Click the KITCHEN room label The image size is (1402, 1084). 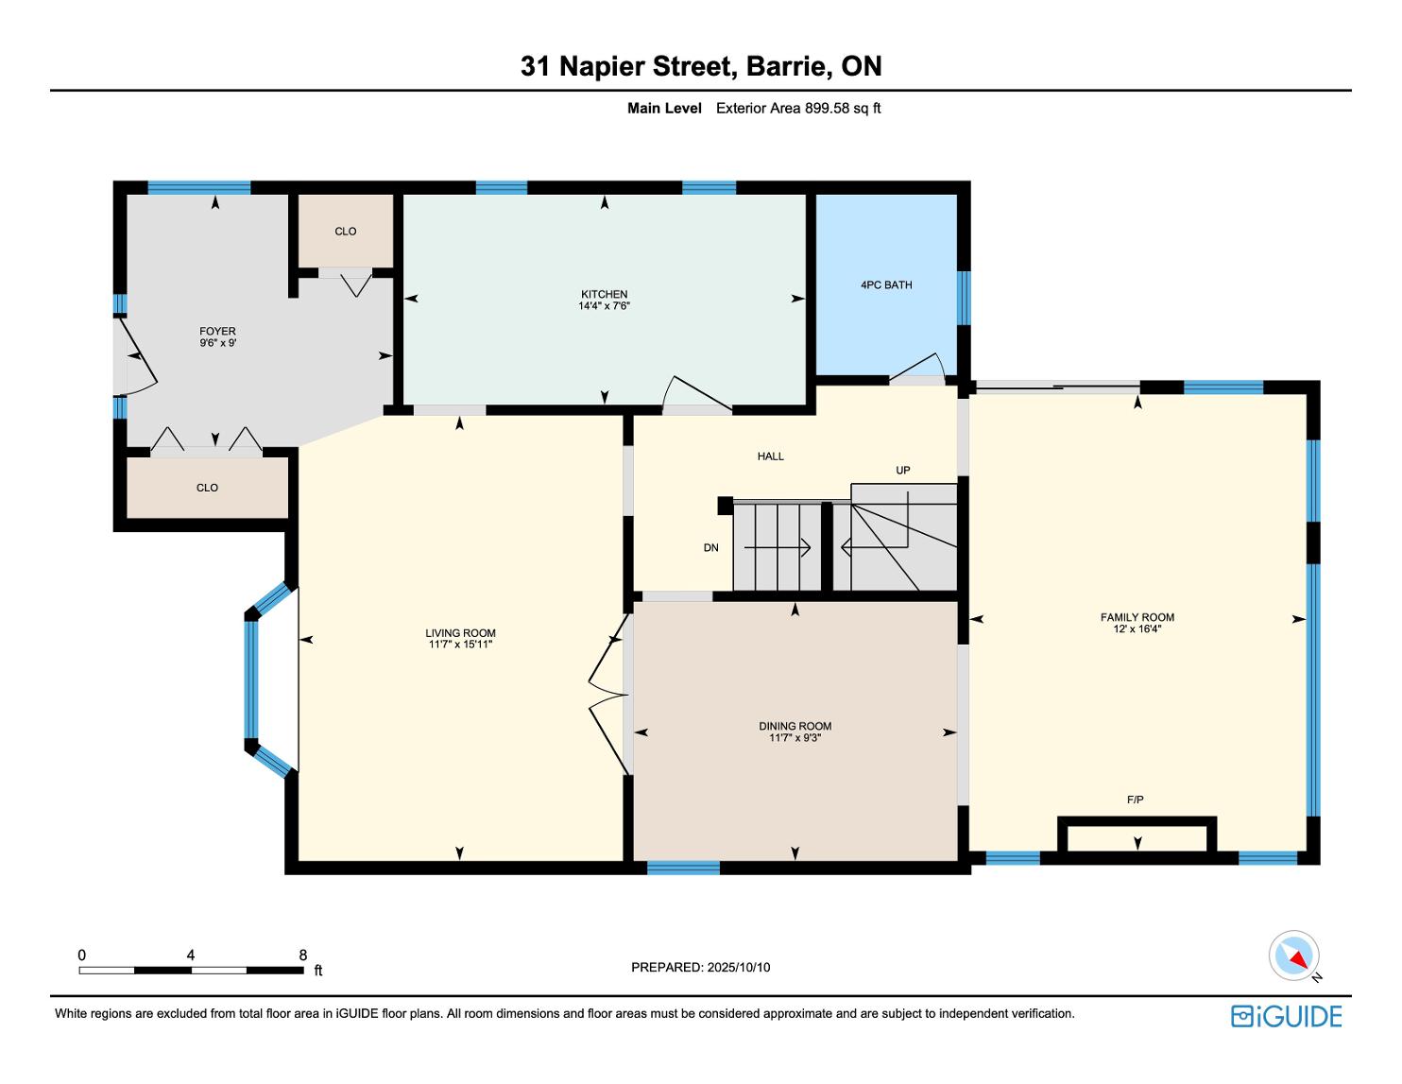[604, 294]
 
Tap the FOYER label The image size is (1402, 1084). [217, 331]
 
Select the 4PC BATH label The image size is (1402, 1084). [886, 284]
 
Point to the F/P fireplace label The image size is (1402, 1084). [1136, 800]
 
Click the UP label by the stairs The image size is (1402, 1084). [902, 471]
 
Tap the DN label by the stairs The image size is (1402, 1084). [711, 548]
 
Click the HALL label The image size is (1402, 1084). [770, 456]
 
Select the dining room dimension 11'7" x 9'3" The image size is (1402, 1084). [795, 737]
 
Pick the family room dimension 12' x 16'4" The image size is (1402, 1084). [1137, 628]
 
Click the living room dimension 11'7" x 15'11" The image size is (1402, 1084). [461, 644]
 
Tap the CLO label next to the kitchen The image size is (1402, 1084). [345, 231]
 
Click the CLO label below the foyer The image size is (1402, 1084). [207, 488]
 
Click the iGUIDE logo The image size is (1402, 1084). [1287, 1016]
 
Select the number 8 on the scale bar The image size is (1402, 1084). [303, 955]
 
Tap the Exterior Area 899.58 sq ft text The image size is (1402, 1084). [798, 109]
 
